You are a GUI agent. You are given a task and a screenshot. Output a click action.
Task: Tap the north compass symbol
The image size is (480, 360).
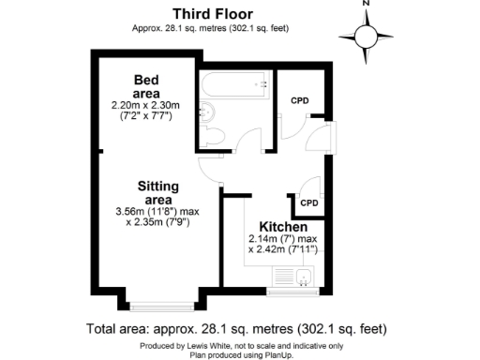[367, 36]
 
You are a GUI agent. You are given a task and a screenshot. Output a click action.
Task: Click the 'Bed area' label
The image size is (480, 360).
[146, 86]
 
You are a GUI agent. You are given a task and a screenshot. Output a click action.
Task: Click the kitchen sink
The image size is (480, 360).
[303, 277]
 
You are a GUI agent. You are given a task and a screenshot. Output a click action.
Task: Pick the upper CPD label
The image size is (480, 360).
[300, 100]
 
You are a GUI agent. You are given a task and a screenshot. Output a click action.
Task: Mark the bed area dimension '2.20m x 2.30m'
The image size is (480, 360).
[146, 104]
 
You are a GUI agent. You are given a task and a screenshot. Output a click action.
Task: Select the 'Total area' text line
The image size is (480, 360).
[235, 329]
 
